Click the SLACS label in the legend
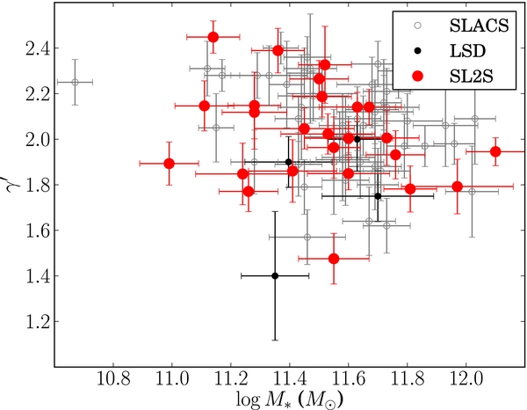(480, 26)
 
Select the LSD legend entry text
(468, 51)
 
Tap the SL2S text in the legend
(471, 77)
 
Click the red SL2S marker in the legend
(418, 77)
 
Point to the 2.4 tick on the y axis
(37, 48)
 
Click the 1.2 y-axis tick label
(37, 321)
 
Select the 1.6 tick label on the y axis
(37, 231)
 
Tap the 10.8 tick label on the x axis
(113, 380)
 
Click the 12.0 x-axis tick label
(466, 380)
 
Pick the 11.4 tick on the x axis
(289, 380)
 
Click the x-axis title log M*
(289, 400)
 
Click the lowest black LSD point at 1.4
(275, 276)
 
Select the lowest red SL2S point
(334, 259)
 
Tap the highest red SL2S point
(213, 37)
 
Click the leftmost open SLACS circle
(75, 82)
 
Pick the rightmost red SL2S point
(495, 152)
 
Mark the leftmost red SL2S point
(169, 164)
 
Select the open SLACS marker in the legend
(418, 26)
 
